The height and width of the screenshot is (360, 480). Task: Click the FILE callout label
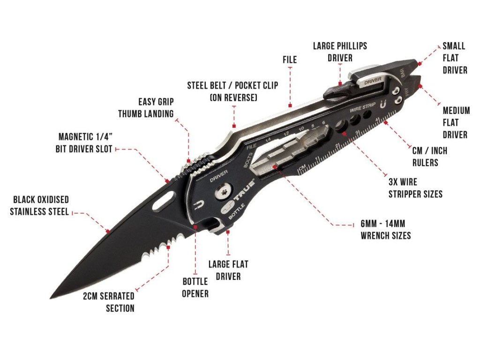(x=290, y=60)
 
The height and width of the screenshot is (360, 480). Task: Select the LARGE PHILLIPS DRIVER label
(x=340, y=52)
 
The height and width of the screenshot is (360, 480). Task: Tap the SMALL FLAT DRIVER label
(x=455, y=58)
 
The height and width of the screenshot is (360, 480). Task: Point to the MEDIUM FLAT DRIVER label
(x=456, y=122)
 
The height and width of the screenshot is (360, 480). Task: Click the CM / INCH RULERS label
(x=429, y=157)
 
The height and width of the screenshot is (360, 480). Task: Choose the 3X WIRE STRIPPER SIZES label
(x=415, y=187)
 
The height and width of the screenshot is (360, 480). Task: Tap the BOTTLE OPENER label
(x=195, y=287)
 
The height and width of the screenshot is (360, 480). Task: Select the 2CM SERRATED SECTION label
(x=108, y=302)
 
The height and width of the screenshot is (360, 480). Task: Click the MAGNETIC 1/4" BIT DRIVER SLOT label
(x=85, y=143)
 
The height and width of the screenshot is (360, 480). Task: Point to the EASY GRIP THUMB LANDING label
(x=146, y=107)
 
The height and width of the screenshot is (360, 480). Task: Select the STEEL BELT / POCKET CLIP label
(x=232, y=91)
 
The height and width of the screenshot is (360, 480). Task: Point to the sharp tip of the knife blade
(x=51, y=298)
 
